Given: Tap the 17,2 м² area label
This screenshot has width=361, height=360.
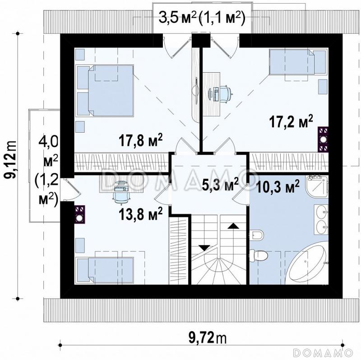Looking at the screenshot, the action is tap(291, 121).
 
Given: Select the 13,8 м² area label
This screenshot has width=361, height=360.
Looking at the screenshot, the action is tap(141, 213).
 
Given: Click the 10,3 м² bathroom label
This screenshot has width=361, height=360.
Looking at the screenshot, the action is tap(278, 187).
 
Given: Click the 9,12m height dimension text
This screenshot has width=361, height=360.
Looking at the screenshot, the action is tap(11, 160).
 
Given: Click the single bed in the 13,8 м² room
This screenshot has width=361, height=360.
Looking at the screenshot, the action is tap(105, 269).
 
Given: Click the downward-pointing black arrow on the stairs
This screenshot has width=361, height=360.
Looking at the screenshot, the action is tap(204, 248).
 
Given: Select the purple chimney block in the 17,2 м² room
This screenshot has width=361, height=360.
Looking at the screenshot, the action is tap(323, 139).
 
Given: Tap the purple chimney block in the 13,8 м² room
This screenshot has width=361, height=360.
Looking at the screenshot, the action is tap(80, 215).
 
